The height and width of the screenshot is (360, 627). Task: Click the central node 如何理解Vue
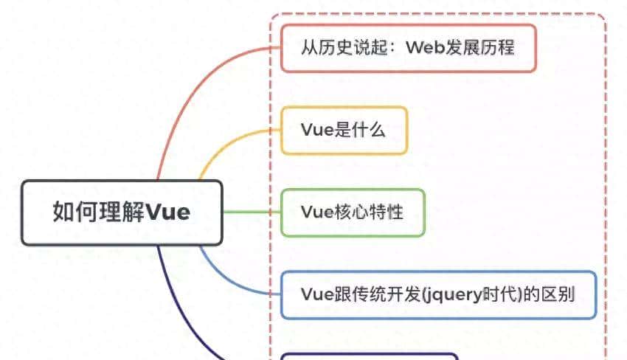coord(121,212)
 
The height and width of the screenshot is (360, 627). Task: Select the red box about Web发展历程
coord(408,48)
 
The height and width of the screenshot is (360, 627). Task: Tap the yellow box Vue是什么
coord(344,131)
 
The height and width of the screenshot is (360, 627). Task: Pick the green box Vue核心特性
coord(353,212)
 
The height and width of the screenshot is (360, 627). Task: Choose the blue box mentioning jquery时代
coord(438,294)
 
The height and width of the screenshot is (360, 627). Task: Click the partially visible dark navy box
coord(369,356)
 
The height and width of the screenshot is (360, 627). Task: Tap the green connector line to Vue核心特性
coord(251,212)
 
